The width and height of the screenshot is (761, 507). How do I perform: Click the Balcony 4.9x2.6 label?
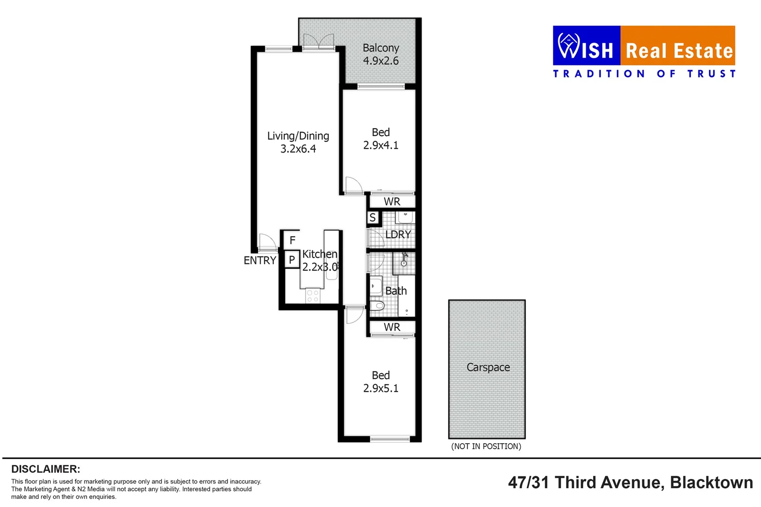tap(380, 54)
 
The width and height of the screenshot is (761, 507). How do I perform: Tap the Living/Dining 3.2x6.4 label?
tap(298, 142)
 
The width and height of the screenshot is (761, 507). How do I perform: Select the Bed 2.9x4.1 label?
tap(380, 139)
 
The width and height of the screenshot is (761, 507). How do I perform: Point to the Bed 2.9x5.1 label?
tap(380, 382)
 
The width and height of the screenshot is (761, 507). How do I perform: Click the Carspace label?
tap(488, 368)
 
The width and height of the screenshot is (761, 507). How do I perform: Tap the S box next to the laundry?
tap(373, 218)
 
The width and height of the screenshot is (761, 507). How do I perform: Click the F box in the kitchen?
tap(292, 240)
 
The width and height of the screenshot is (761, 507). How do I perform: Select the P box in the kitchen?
tap(292, 259)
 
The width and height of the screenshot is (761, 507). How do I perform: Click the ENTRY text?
tap(259, 261)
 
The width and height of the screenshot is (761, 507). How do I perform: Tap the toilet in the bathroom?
tap(377, 306)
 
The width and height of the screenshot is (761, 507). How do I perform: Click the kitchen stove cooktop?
tap(313, 296)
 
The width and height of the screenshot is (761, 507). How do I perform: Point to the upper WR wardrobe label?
tap(392, 202)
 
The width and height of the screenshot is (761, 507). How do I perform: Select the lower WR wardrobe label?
tap(392, 327)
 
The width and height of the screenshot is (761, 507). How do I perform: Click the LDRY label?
tap(398, 235)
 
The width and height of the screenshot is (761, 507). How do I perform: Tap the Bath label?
tap(396, 291)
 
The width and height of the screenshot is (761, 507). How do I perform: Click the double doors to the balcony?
tap(319, 42)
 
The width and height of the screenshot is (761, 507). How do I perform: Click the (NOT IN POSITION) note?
tap(486, 446)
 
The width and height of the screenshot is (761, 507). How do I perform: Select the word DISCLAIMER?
tap(46, 469)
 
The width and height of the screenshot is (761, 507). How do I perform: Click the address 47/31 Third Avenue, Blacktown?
tap(630, 483)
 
